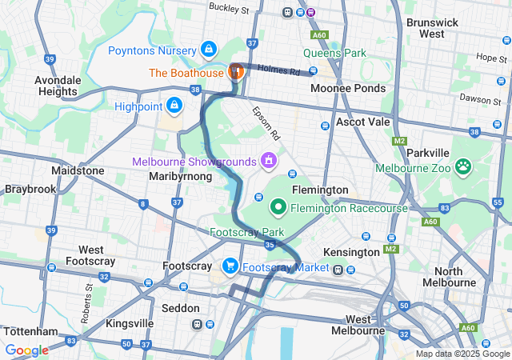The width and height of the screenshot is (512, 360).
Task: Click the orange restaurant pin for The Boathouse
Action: pos(236,71)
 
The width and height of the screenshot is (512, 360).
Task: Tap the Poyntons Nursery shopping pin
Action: pos(208,50)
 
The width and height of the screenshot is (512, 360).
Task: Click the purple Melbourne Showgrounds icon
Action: pos(269,161)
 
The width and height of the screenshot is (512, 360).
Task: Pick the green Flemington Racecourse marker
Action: pos(278,208)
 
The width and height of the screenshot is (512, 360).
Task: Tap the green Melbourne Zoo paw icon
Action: pos(463,166)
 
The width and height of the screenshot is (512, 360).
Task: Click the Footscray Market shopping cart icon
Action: pos(230,266)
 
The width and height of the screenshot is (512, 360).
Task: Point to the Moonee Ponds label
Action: pos(347,88)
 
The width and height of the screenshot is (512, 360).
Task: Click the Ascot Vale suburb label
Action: pos(362,122)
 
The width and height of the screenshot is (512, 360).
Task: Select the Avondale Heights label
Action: pos(62,86)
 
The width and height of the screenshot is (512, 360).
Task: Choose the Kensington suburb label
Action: pos(351,252)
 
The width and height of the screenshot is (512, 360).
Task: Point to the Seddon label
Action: pos(180,307)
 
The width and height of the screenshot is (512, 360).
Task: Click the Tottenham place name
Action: pos(30,331)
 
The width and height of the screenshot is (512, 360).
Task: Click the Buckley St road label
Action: pos(229,8)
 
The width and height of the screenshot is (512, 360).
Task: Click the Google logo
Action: pos(26,350)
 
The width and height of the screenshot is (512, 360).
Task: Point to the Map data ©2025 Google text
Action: pos(462,354)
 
